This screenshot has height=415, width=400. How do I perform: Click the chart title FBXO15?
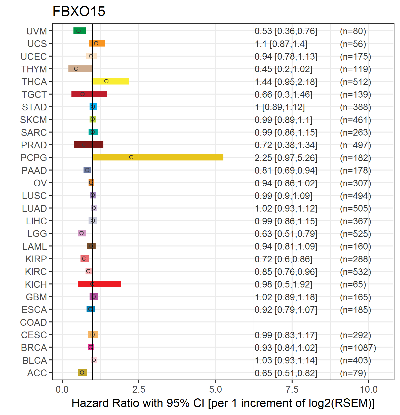tap(79, 11)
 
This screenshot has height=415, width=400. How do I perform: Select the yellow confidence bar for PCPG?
tap(157, 157)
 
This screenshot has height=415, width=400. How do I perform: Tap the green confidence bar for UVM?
tap(79, 31)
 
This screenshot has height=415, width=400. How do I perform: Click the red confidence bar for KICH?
tap(99, 284)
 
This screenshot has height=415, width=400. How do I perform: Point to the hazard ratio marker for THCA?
tap(106, 81)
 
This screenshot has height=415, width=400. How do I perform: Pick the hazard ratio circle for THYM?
tap(76, 69)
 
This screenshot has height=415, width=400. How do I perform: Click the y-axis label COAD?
tap(33, 322)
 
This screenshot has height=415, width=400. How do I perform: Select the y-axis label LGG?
tap(37, 234)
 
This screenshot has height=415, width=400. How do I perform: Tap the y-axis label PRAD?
tap(34, 145)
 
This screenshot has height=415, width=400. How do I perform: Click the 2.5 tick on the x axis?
tap(139, 389)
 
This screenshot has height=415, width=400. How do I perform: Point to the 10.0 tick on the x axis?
tap(369, 389)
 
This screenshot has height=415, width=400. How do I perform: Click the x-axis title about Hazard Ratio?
tap(223, 403)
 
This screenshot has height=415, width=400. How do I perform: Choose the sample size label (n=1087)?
tap(358, 348)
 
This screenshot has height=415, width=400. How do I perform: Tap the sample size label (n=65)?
tap(353, 284)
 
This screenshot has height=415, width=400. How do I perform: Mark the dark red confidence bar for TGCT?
tap(89, 94)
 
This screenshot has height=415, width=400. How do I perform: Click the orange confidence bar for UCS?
tap(97, 43)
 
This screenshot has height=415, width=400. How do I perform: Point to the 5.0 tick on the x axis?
tap(216, 389)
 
